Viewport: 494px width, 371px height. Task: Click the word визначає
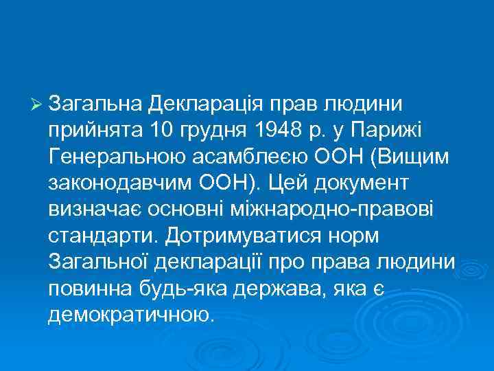(x=91, y=209)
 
